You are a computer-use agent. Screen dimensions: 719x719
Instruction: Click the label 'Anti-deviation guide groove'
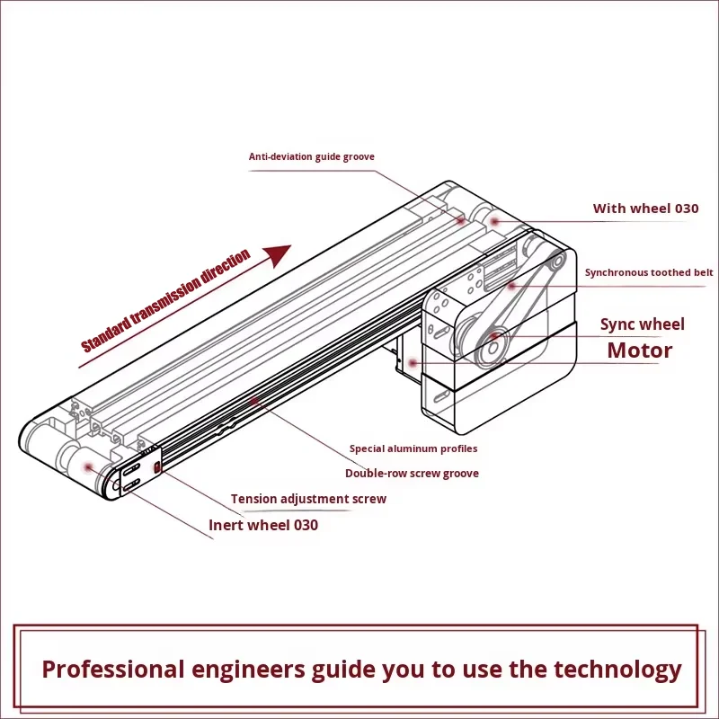[311, 156]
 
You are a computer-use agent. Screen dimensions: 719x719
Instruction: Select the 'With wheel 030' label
[645, 209]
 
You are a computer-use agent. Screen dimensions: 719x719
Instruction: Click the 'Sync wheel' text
[642, 324]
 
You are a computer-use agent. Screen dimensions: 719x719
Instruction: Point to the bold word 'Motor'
[639, 351]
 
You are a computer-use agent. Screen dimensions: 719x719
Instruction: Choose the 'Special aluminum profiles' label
[413, 448]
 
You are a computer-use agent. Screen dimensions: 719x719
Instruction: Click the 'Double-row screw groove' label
[412, 473]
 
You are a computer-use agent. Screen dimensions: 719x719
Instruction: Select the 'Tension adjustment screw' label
[308, 499]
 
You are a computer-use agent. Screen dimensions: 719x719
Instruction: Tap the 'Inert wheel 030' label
[263, 525]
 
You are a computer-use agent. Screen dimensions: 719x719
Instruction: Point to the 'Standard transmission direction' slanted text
[166, 302]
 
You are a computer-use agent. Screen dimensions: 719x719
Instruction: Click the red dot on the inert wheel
[88, 466]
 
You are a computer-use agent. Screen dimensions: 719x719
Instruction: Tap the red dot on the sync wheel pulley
[493, 337]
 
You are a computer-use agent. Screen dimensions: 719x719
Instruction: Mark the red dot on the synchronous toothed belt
[510, 286]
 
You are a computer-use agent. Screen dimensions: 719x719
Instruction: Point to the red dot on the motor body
[412, 362]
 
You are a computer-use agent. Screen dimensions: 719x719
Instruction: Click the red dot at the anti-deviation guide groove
[459, 219]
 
